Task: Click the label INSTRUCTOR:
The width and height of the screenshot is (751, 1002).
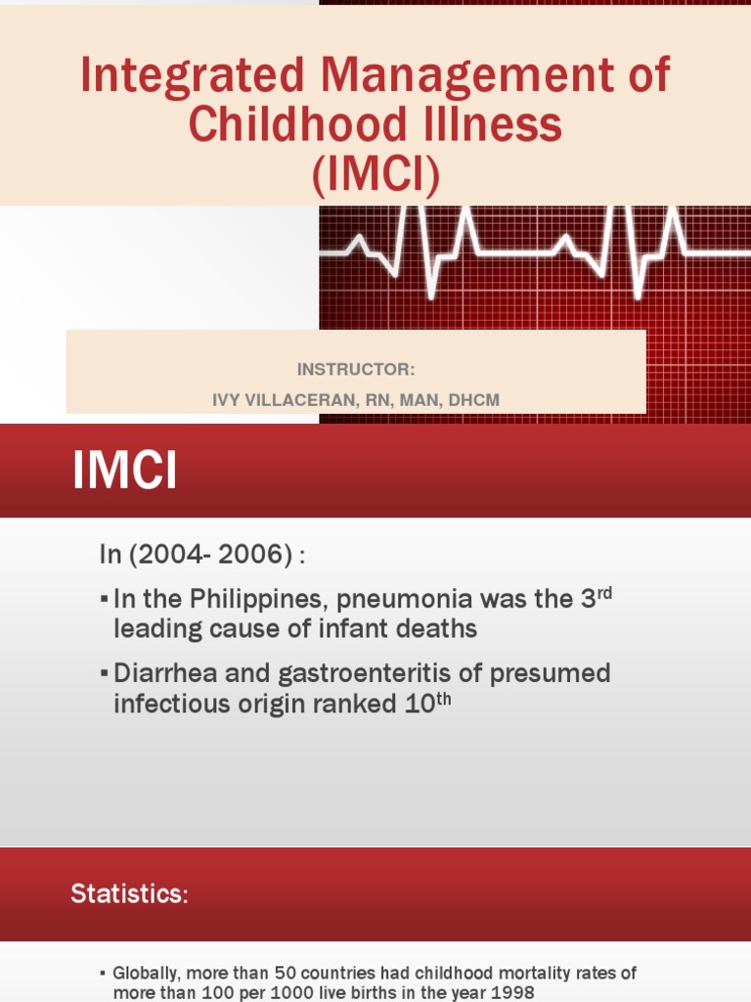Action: [356, 370]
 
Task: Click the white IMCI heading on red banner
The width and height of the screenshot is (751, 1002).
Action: [124, 473]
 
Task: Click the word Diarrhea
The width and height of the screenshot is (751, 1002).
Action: [168, 673]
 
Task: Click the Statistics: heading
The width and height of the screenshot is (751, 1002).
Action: [128, 893]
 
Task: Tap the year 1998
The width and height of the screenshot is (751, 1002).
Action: [511, 992]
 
